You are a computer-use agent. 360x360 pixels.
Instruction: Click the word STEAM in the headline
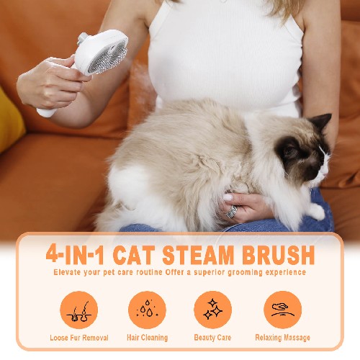[198, 255]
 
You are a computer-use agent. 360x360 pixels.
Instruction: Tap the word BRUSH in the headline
[279, 255]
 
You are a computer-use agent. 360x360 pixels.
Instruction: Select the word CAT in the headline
[134, 255]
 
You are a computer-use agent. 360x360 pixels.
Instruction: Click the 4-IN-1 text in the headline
[75, 255]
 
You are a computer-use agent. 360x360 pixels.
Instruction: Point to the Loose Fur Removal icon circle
[79, 310]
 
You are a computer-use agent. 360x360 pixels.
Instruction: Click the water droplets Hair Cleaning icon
[147, 310]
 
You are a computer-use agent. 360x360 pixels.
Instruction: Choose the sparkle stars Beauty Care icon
[213, 310]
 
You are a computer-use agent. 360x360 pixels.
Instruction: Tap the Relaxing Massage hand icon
[283, 310]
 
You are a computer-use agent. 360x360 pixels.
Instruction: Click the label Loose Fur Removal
[79, 338]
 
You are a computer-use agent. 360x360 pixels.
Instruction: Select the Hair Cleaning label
[147, 338]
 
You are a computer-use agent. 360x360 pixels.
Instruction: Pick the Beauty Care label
[212, 338]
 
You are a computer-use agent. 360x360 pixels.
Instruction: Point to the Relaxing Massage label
[282, 338]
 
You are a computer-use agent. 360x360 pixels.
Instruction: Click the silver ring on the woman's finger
[232, 212]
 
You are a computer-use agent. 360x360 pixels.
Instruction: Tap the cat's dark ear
[321, 121]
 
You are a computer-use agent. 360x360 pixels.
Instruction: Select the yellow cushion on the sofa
[10, 120]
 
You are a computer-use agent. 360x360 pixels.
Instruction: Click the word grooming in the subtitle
[245, 273]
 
